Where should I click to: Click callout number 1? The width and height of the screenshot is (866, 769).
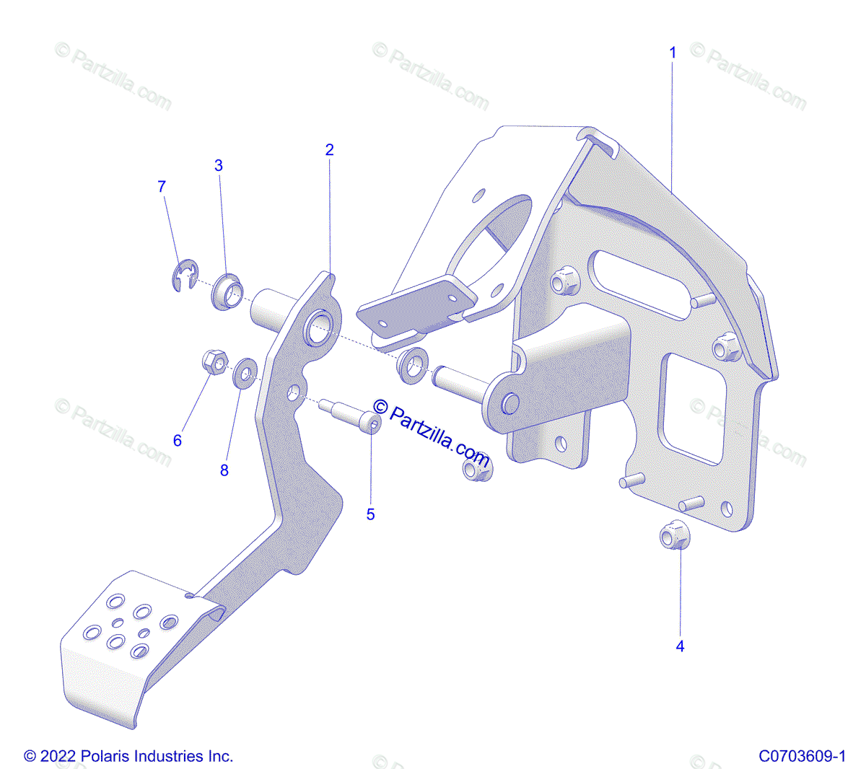(x=673, y=53)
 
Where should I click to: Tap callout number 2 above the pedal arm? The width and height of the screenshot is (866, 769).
(x=330, y=150)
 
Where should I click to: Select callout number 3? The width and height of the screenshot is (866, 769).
(x=219, y=166)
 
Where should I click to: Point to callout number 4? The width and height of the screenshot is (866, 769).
(x=680, y=646)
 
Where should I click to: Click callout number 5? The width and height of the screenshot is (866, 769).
(x=371, y=514)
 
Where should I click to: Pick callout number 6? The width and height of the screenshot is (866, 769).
(x=178, y=440)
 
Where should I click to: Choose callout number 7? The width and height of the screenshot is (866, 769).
(x=162, y=187)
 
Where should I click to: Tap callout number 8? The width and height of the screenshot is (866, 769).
(x=224, y=470)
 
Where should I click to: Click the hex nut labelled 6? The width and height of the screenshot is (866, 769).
(x=214, y=361)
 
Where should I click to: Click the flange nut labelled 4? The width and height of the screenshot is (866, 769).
(x=675, y=537)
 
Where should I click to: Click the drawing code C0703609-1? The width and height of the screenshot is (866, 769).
(x=802, y=756)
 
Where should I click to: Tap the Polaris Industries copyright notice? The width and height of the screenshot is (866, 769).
(x=128, y=756)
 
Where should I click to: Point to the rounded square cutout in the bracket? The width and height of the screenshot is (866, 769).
(x=693, y=408)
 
